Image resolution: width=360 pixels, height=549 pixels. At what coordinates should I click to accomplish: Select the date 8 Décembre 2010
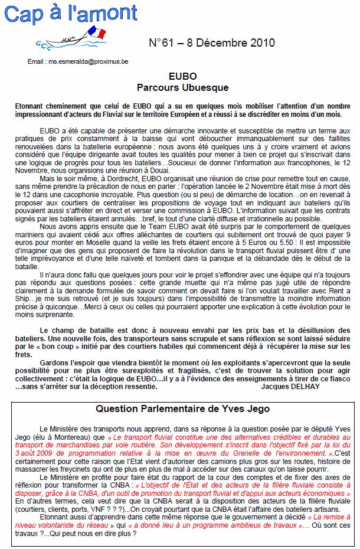pyautogui.click(x=233, y=43)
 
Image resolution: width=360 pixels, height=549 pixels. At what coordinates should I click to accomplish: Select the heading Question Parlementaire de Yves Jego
pyautogui.click(x=182, y=409)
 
